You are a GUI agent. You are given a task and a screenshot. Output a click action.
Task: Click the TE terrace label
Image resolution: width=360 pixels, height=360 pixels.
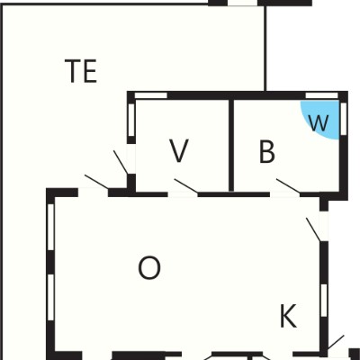coord(81,71)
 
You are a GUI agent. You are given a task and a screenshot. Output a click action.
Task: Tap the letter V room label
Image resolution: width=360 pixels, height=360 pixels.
coord(179,151)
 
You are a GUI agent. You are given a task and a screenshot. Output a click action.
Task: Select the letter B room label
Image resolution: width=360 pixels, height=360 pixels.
coord(266,151)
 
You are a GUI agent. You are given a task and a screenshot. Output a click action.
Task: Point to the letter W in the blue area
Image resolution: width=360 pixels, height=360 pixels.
coord(319,123)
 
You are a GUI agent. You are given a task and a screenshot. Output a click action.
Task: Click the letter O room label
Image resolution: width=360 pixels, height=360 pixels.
coord(149,268)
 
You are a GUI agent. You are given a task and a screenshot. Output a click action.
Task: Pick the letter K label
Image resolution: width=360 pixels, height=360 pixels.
coord(288,316)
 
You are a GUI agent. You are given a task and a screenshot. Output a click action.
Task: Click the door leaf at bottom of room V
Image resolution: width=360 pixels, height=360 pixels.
coord(186,186)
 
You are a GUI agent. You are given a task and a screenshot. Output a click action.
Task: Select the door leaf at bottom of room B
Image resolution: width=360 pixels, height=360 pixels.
coord(288,186)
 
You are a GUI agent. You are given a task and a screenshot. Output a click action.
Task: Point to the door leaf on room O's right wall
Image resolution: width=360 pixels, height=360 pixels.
coord(313,229)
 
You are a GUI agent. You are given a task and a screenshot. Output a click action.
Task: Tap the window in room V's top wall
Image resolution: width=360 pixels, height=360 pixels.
coord(150,95)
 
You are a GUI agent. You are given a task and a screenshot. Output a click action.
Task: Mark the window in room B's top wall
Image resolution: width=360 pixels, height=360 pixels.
coord(321,95)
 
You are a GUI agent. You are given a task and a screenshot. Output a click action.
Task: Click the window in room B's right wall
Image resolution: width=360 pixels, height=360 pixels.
coord(344,118)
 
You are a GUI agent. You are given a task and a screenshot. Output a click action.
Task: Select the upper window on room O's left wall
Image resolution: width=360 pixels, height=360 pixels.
coord(51,227)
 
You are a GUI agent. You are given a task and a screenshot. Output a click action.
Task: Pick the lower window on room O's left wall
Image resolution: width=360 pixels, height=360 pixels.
coord(51,297)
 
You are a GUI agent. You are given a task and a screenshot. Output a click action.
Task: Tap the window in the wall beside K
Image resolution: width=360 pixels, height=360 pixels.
coord(324,300)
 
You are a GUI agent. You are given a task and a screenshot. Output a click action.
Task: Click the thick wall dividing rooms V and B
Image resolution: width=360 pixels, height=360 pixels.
coord(231,145)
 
